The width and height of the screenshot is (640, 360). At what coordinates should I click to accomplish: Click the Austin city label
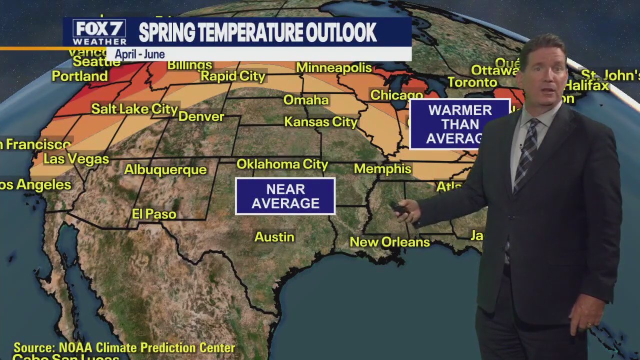(x=274, y=236)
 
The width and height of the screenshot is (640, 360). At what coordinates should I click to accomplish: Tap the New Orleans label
(x=389, y=242)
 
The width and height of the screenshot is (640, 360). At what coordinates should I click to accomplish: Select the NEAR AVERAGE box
(x=285, y=196)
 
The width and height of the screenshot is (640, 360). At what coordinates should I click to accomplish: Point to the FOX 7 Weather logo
(x=99, y=32)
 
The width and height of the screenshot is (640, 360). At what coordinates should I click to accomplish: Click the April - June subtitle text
(x=139, y=54)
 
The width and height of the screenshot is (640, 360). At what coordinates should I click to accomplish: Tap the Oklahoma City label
(x=282, y=164)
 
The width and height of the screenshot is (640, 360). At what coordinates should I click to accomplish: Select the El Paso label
(x=154, y=214)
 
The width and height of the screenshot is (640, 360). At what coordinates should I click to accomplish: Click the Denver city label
(x=201, y=116)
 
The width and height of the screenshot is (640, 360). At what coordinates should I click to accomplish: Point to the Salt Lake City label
(x=134, y=109)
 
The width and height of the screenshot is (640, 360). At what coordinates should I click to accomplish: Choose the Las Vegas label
(x=76, y=159)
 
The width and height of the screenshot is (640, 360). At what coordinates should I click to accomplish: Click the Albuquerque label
(x=165, y=169)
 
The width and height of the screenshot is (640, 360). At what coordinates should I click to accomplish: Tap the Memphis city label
(x=382, y=169)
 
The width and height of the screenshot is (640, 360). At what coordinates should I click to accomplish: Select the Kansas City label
(x=321, y=121)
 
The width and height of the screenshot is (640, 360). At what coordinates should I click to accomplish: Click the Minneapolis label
(x=334, y=67)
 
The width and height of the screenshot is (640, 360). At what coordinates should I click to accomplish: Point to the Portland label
(x=79, y=76)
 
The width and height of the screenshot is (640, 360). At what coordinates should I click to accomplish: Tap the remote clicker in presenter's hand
(x=400, y=208)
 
